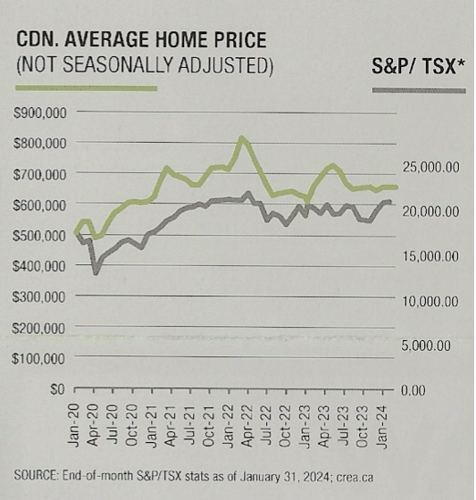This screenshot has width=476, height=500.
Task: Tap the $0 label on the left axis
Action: (57, 389)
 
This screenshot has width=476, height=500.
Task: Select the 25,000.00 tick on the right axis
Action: (430, 167)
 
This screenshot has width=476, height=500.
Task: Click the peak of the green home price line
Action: (241, 138)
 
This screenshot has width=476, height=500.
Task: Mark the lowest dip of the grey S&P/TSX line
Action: (96, 271)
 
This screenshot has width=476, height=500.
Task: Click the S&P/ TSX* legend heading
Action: (418, 64)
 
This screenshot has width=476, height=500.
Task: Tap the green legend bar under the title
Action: (86, 88)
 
